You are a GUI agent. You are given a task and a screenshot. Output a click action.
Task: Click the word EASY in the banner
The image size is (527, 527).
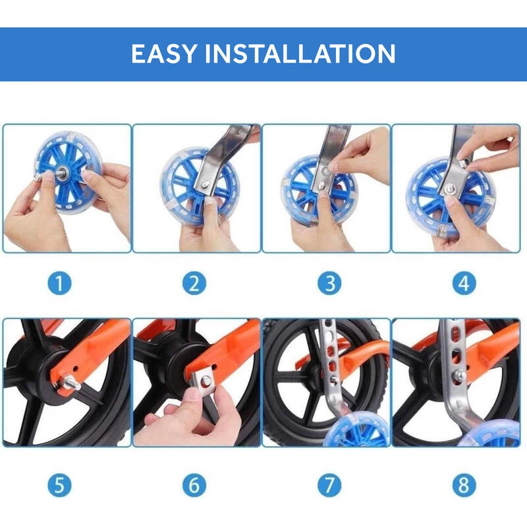163,53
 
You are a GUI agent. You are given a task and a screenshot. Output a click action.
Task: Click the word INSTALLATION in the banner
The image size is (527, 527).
300,53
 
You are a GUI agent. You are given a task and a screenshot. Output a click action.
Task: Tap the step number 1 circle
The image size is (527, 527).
59,283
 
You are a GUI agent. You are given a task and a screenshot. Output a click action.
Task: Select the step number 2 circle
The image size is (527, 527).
194,283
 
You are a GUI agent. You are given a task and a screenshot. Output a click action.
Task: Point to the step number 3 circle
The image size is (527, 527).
329,283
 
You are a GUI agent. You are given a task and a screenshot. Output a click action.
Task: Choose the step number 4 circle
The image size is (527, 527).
464,283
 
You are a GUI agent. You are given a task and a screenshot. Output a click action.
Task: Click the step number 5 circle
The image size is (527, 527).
59,485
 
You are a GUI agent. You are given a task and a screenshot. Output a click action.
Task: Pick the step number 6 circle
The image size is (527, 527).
194,485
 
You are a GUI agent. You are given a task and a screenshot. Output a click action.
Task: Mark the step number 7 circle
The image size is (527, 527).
329,485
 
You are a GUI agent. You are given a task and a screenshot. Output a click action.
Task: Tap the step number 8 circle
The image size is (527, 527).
464,485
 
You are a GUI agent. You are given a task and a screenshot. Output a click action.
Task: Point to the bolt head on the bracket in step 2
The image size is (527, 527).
205,183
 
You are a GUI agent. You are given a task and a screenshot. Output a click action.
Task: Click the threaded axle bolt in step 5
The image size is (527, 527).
71,383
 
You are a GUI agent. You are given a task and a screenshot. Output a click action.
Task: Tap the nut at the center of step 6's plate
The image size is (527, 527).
206,380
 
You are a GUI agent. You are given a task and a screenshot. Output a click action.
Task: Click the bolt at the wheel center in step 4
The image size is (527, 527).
449,190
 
